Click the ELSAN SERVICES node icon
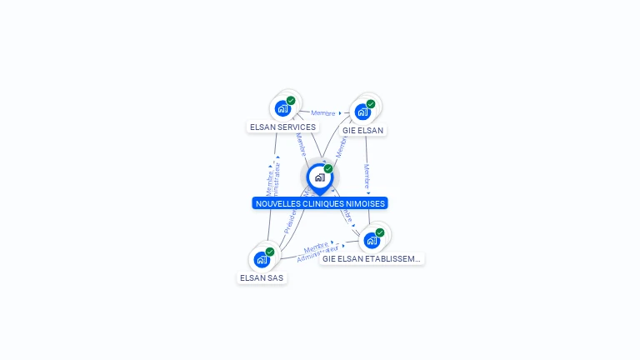[x=282, y=108]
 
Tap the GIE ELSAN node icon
[x=362, y=112]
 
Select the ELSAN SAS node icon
[x=262, y=259]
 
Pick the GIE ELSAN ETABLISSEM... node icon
[x=372, y=240]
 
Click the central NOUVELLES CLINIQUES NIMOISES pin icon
[x=319, y=177]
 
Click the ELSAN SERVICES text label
[x=282, y=127]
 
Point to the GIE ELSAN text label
[x=362, y=131]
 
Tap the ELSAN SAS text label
[x=262, y=277]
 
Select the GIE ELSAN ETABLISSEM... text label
[x=372, y=259]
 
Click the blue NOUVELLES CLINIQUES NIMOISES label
[x=320, y=203]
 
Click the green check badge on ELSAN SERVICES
[x=291, y=101]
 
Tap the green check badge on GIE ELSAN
[x=371, y=104]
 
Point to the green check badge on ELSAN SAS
[x=270, y=252]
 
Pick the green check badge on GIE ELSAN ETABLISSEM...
[x=380, y=232]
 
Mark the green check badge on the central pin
[x=328, y=169]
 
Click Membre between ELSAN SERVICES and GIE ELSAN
[x=323, y=113]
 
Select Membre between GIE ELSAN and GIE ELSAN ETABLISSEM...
[x=367, y=177]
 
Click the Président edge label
[x=291, y=220]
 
